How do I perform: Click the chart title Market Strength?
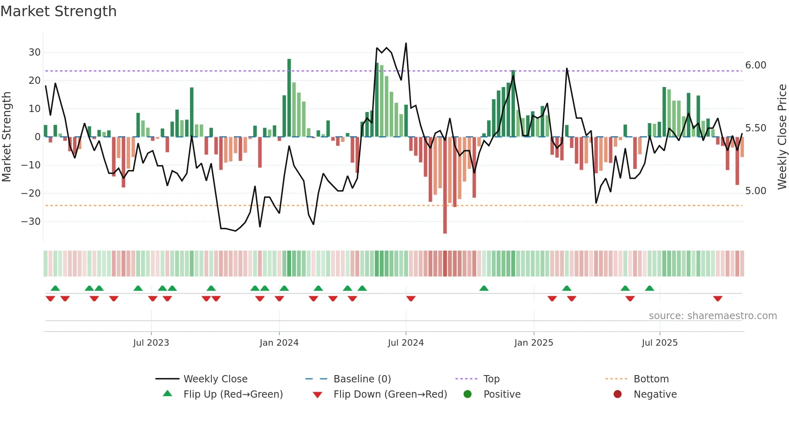[58, 11]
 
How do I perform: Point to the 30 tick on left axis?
[34, 52]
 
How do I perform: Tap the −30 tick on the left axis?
[31, 222]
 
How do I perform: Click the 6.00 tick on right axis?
[756, 65]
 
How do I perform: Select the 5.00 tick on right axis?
[756, 191]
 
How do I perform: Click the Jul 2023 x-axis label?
[151, 343]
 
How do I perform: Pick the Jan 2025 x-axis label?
[533, 343]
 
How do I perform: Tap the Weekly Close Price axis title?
[782, 137]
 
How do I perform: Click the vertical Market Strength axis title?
[7, 137]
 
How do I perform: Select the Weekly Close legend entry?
[215, 379]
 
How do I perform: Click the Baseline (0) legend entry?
[362, 379]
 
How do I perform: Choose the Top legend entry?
[491, 379]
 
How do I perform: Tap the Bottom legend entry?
[651, 379]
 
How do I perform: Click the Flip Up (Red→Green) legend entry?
[233, 394]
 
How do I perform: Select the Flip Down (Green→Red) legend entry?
[390, 394]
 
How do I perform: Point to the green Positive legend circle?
[467, 394]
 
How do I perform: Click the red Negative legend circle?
[618, 394]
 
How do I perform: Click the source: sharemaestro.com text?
[713, 316]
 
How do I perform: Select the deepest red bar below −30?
[445, 185]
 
